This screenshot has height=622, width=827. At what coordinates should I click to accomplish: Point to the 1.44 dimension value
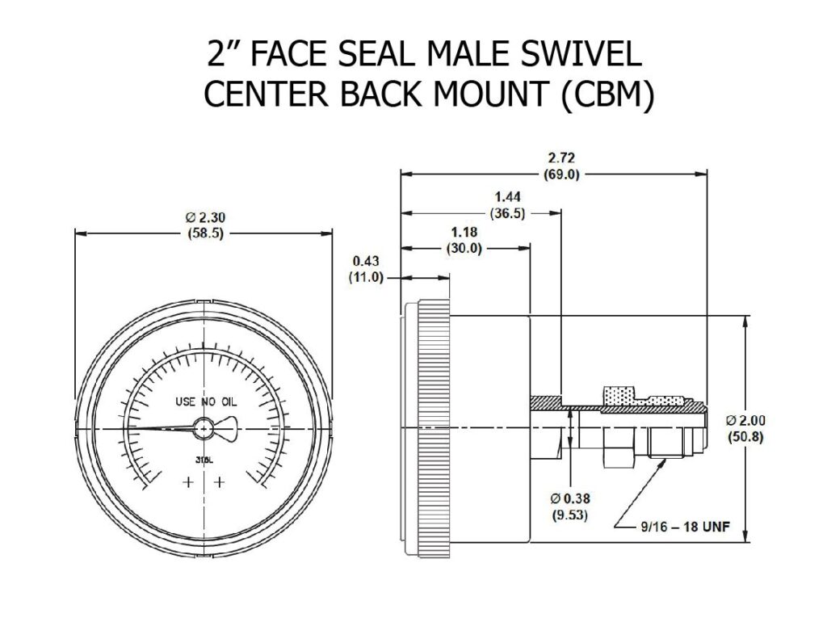(x=510, y=196)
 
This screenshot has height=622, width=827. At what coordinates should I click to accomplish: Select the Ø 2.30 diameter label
(x=204, y=217)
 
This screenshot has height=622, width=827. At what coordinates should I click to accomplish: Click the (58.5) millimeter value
(x=204, y=233)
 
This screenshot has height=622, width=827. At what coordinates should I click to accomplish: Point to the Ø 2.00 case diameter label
(x=745, y=420)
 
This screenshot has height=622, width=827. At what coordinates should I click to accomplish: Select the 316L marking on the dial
(x=204, y=460)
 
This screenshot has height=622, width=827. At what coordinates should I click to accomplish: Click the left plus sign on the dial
(x=188, y=482)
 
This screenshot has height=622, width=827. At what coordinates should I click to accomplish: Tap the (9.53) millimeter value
(x=570, y=514)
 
